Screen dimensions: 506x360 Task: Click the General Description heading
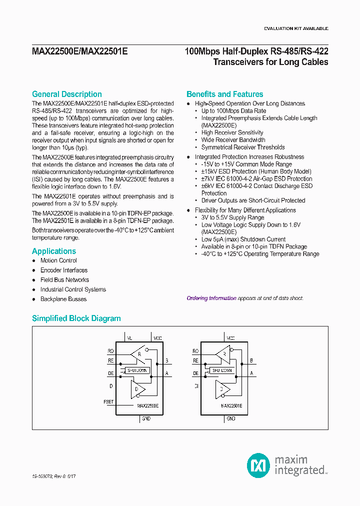[x=67, y=94]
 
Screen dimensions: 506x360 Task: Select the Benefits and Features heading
[x=224, y=94]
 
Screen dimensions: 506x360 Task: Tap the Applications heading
[x=54, y=251]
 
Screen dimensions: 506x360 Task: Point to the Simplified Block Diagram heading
[x=76, y=318]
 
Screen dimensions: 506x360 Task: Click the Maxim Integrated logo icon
[x=258, y=465]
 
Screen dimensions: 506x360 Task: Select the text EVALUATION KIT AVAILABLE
[x=296, y=28]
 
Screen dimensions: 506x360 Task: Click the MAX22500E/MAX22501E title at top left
[x=79, y=50]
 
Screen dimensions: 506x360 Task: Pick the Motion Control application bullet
[x=58, y=260]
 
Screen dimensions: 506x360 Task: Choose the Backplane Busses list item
[x=63, y=299]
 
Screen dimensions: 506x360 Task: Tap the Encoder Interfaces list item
[x=64, y=270]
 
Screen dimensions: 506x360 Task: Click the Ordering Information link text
[x=211, y=298]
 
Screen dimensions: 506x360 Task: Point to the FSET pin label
[x=108, y=401]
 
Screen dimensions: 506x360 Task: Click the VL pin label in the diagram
[x=130, y=338]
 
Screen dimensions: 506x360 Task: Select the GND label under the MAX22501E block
[x=230, y=418]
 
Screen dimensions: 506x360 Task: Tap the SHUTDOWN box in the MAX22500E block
[x=137, y=370]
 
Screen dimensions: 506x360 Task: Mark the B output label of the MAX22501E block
[x=251, y=360]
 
